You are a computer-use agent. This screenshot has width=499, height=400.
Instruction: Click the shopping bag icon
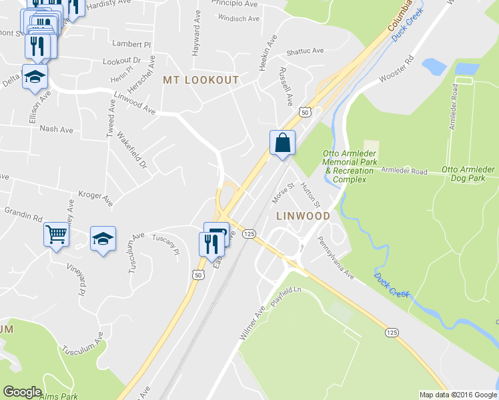(x=282, y=143)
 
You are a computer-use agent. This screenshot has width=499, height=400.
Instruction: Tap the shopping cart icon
(x=56, y=234)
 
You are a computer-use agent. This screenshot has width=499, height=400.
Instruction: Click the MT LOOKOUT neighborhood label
(x=201, y=79)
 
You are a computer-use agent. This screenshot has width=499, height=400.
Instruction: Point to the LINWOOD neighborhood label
(x=303, y=216)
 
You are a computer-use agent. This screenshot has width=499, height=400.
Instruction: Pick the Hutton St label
(x=311, y=193)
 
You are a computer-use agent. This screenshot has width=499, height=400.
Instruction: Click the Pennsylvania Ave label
(x=336, y=257)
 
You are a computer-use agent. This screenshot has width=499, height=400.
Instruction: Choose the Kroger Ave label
(x=95, y=197)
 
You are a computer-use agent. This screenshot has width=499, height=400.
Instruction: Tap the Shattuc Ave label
(x=304, y=51)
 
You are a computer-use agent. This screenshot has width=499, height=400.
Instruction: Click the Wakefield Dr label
(x=131, y=149)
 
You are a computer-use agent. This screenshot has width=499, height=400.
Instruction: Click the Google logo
(x=23, y=392)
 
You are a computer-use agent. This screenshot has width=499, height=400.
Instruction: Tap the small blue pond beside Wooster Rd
(x=434, y=66)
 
